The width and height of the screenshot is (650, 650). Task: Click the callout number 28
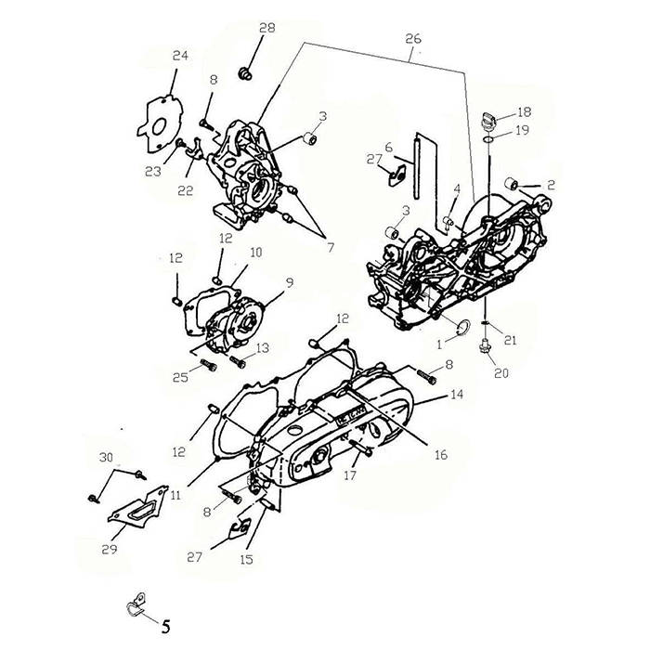pyautogui.click(x=267, y=28)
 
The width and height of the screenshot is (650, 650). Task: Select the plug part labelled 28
pyautogui.click(x=245, y=73)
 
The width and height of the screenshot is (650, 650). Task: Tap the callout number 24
pyautogui.click(x=180, y=56)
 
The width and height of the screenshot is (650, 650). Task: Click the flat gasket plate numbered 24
pyautogui.click(x=160, y=124)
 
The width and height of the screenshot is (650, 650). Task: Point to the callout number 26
pyautogui.click(x=413, y=39)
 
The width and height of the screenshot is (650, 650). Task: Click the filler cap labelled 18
pyautogui.click(x=488, y=120)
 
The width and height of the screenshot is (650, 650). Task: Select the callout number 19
pyautogui.click(x=522, y=130)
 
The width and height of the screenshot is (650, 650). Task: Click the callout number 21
pyautogui.click(x=511, y=340)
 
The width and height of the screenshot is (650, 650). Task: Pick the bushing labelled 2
pyautogui.click(x=511, y=183)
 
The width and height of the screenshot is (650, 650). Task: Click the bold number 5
pyautogui.click(x=165, y=627)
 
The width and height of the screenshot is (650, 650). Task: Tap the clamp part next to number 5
pyautogui.click(x=135, y=604)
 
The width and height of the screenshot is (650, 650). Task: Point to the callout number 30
pyautogui.click(x=106, y=457)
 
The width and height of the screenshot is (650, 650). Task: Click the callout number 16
pyautogui.click(x=441, y=455)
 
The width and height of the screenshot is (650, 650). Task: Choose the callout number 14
pyautogui.click(x=457, y=395)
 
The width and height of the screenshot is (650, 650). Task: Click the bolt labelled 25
pyautogui.click(x=209, y=365)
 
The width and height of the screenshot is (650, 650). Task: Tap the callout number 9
pyautogui.click(x=290, y=282)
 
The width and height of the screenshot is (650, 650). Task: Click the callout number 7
pyautogui.click(x=330, y=248)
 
